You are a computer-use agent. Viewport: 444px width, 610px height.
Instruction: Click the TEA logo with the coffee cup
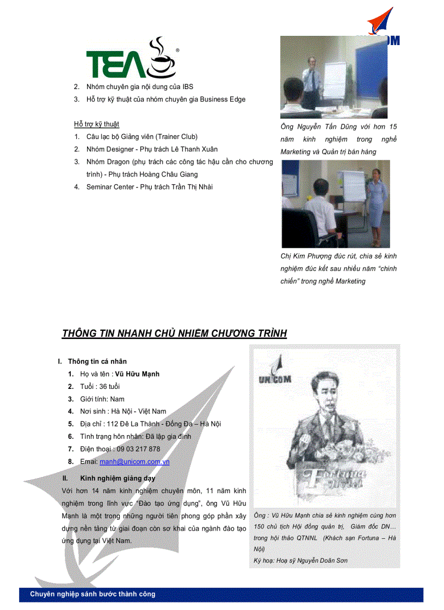point(132,59)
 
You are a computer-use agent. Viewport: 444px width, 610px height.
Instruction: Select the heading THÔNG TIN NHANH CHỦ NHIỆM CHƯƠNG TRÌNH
point(174,334)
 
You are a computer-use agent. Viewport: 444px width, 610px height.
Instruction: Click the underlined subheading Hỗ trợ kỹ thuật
point(96,124)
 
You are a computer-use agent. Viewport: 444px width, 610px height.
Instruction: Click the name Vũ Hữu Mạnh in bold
point(137,374)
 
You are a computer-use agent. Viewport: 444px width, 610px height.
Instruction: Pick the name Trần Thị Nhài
point(190,187)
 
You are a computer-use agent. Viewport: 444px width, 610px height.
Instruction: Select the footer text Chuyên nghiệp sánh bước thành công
point(92,594)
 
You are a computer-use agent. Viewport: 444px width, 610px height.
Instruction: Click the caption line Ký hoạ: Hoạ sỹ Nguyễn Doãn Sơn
point(300,561)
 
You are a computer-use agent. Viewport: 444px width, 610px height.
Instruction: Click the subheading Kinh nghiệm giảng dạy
point(118,479)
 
